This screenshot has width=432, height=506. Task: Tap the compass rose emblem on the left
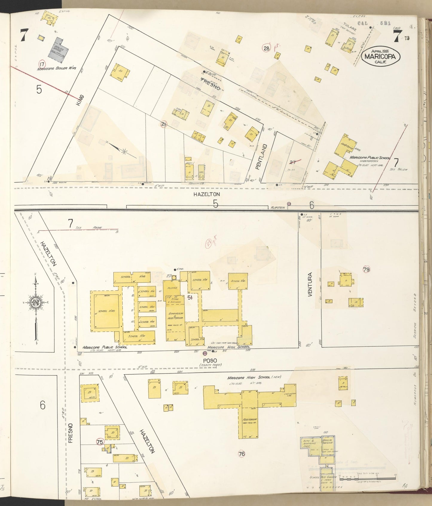[36, 303]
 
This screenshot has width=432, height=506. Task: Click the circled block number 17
[42, 63]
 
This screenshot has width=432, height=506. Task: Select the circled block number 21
[164, 124]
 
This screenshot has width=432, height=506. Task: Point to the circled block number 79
[366, 269]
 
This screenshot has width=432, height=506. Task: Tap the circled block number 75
[100, 442]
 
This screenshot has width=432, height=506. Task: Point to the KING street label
[80, 100]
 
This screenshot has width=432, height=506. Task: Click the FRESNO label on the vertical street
[71, 432]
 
